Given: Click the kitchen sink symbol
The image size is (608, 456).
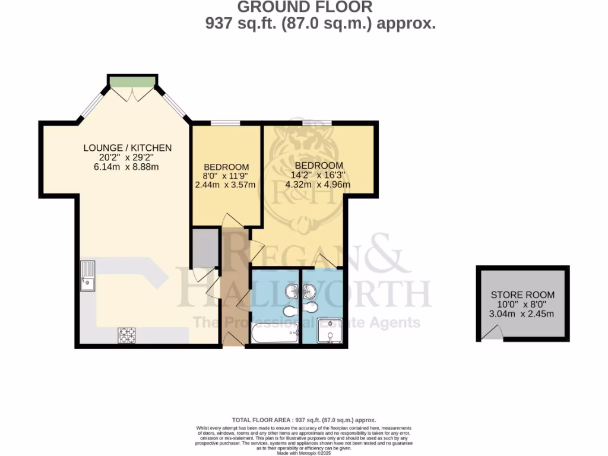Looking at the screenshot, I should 87,276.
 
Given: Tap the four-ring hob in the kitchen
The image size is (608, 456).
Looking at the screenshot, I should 126,335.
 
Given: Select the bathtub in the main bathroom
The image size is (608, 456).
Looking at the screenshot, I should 274,333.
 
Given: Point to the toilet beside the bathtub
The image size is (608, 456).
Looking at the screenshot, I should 290,311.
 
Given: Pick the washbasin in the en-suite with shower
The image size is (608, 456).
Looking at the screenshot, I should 309,292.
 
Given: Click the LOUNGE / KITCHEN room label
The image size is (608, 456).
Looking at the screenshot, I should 127,148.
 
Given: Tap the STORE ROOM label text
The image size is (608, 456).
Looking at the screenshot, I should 522,294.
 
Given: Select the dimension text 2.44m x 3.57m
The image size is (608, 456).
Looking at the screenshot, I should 226,185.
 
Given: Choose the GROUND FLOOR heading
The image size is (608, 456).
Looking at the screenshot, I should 305,7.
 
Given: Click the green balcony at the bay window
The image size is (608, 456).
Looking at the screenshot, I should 132,81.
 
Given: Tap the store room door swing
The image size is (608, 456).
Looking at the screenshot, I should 490,336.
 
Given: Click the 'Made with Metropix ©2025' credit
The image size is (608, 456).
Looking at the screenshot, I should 304,453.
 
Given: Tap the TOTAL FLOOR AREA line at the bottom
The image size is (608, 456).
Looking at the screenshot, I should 304,419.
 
